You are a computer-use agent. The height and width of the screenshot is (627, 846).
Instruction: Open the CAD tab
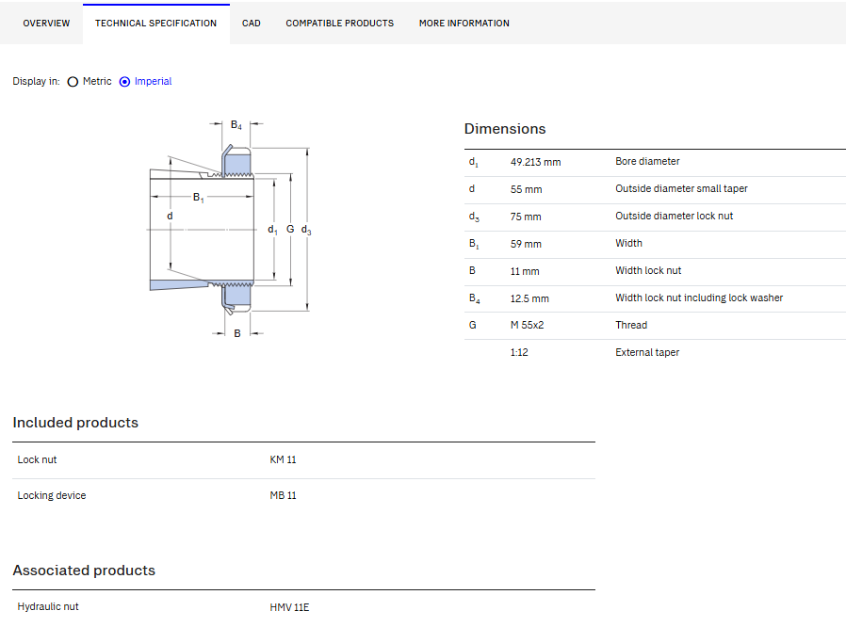pyautogui.click(x=251, y=24)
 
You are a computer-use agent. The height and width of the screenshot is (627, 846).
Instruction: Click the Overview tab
pyautogui.click(x=46, y=24)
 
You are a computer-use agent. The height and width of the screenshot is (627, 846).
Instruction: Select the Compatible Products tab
pyautogui.click(x=340, y=24)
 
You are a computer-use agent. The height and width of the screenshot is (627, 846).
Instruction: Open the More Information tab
pyautogui.click(x=464, y=24)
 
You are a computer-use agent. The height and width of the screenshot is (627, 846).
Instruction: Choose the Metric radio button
pyautogui.click(x=73, y=82)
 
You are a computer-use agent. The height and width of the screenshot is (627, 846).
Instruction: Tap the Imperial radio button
pyautogui.click(x=124, y=82)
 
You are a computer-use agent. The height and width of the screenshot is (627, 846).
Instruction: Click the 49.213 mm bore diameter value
pyautogui.click(x=536, y=162)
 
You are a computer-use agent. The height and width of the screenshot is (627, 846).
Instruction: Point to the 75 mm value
pyautogui.click(x=526, y=217)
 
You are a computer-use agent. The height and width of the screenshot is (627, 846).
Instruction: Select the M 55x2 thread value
pyautogui.click(x=528, y=325)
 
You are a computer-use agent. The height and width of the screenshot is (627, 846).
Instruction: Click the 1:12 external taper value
pyautogui.click(x=519, y=353)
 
